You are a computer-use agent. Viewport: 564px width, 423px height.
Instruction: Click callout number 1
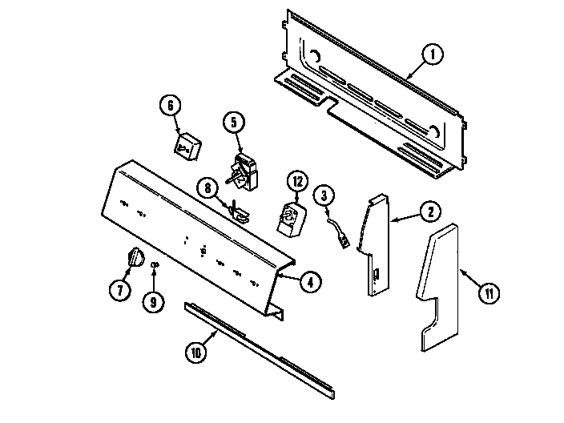click(x=431, y=55)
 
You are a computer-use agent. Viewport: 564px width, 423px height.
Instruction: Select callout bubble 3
click(x=323, y=195)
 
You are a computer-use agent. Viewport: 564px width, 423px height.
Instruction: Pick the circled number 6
click(x=170, y=106)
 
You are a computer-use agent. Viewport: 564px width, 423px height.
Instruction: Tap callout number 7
click(x=120, y=291)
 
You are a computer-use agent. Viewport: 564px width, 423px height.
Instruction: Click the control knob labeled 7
click(x=135, y=260)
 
